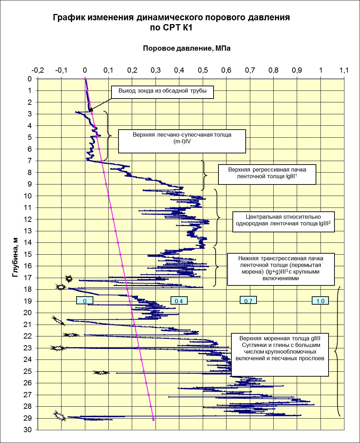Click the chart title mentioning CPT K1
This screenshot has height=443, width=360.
point(171,22)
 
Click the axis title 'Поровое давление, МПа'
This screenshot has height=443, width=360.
point(187,49)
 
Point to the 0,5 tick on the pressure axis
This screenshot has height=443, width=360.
point(203,70)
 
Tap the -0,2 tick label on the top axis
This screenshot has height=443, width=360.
point(37,70)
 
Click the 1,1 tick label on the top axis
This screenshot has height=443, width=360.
point(344,70)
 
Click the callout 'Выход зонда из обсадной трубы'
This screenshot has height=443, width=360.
point(163,92)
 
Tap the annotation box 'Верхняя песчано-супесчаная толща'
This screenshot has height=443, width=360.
point(182,141)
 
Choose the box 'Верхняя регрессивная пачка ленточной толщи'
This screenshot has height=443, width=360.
point(267,174)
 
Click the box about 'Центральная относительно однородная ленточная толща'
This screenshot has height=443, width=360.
point(283,221)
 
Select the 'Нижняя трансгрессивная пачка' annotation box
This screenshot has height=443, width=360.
point(281,269)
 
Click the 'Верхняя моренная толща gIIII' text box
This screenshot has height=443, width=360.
point(280,354)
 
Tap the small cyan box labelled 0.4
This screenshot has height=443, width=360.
point(179,301)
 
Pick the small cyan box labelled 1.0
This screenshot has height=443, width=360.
point(320,301)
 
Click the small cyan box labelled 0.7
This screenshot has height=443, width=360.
point(248,301)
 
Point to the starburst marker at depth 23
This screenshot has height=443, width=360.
point(58,348)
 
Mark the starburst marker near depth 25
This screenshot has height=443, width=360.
point(101,372)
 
